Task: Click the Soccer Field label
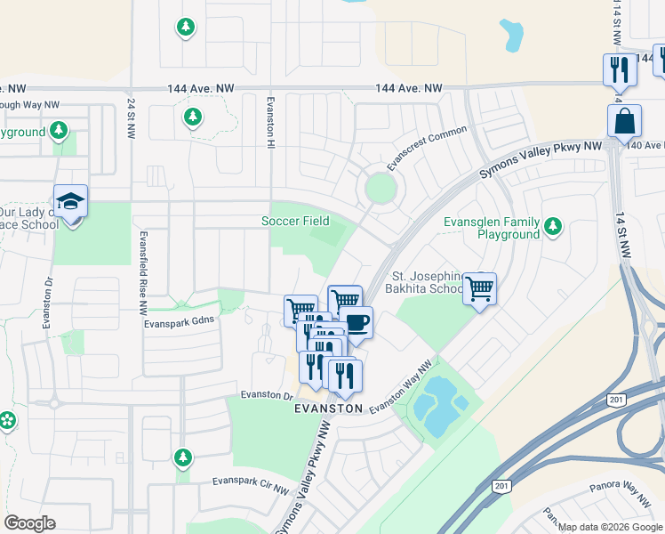295,221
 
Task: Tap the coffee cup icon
357,322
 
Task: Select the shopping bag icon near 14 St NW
624,120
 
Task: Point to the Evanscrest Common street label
427,149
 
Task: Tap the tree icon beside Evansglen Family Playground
553,226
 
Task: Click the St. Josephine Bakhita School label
424,282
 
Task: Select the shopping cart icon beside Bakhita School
479,288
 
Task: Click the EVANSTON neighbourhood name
329,409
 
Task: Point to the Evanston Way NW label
401,385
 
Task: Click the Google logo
29,523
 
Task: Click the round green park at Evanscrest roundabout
380,189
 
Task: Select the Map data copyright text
610,527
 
